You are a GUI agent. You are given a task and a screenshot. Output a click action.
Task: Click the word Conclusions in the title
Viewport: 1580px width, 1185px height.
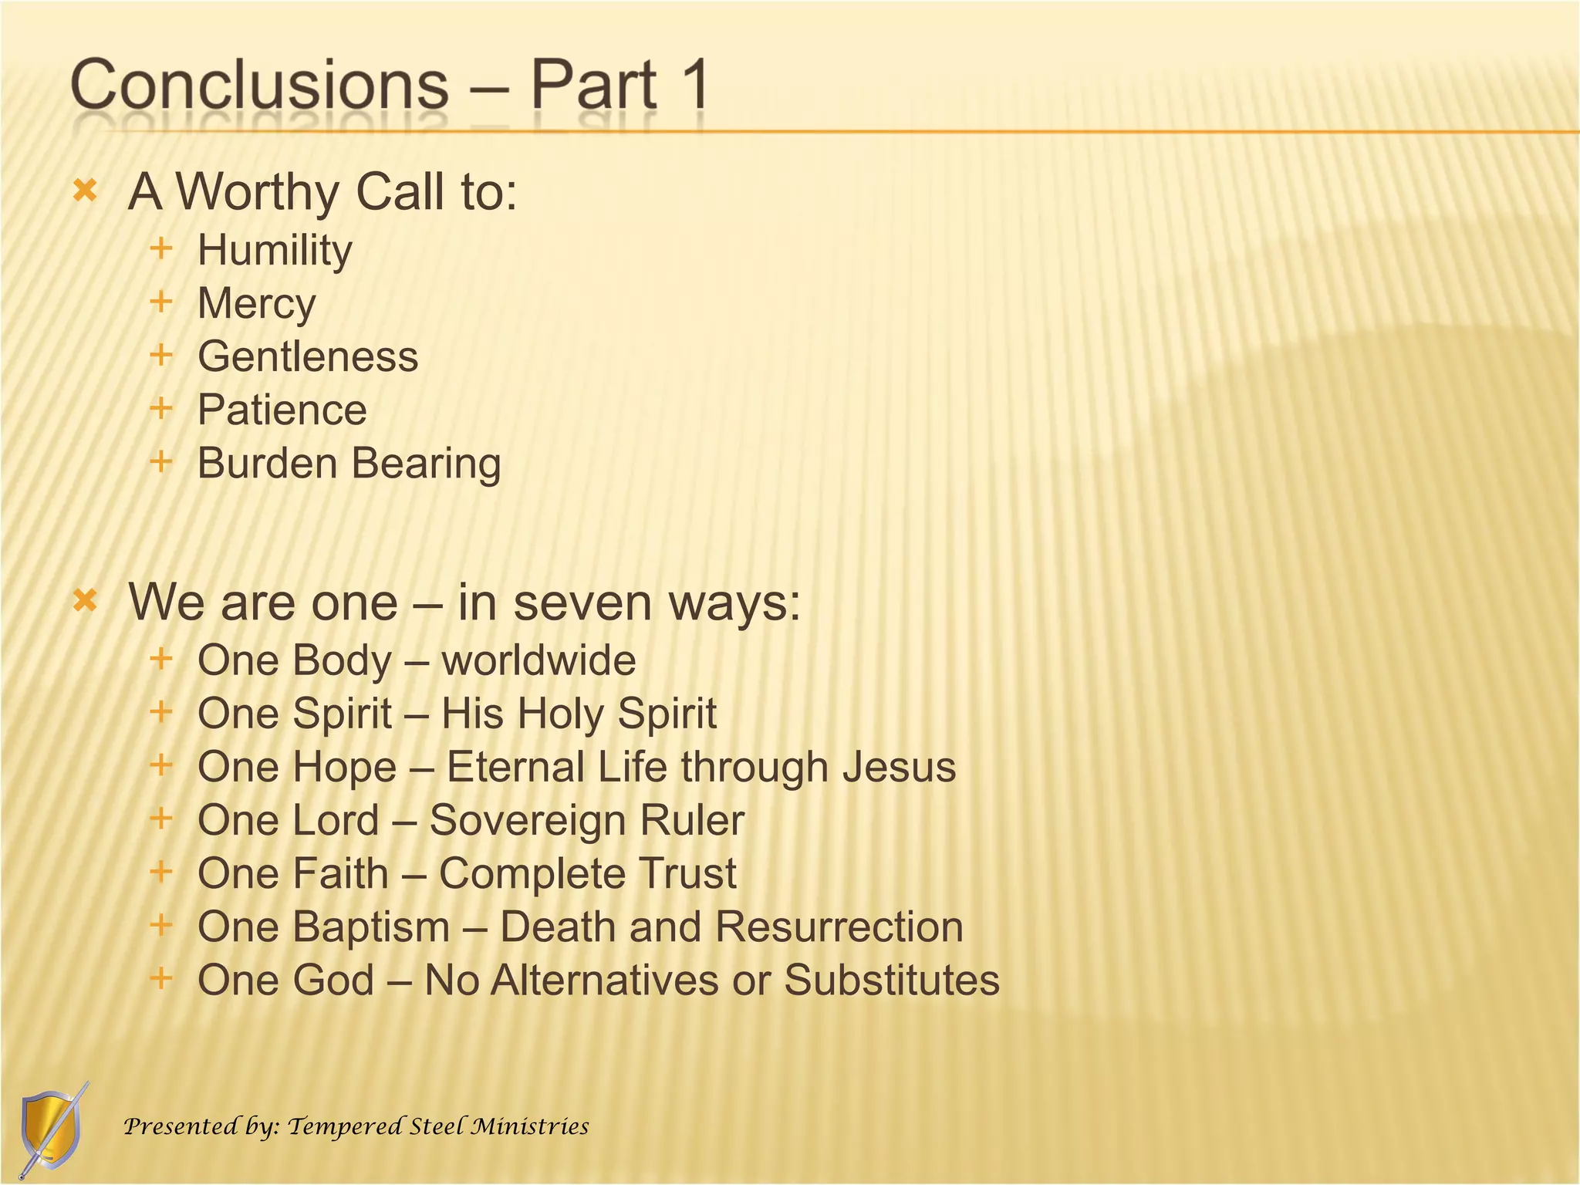click(259, 85)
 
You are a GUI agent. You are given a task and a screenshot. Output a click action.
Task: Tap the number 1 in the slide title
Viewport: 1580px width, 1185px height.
click(692, 85)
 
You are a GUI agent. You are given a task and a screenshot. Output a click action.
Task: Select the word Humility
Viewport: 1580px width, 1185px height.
click(275, 251)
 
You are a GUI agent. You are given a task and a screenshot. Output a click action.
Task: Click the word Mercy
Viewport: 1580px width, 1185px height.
click(256, 304)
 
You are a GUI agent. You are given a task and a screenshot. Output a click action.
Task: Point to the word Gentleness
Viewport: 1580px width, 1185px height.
click(308, 356)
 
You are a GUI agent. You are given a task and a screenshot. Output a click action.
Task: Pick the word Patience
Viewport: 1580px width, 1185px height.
click(282, 410)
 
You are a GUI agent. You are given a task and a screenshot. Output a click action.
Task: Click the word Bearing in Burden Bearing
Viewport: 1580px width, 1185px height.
click(427, 464)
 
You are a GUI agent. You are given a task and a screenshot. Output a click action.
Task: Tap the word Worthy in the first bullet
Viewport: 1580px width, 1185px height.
click(258, 191)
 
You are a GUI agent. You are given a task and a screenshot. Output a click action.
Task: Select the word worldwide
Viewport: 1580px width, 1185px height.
click(538, 660)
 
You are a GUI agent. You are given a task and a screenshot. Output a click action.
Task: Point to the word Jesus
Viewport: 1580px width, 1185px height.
click(899, 767)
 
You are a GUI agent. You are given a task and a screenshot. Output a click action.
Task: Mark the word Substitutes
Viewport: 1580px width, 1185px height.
click(892, 980)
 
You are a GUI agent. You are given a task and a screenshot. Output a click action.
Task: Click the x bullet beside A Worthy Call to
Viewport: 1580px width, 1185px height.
click(85, 191)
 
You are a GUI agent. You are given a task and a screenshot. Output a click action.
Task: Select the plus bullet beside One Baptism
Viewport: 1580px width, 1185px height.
click(160, 924)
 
